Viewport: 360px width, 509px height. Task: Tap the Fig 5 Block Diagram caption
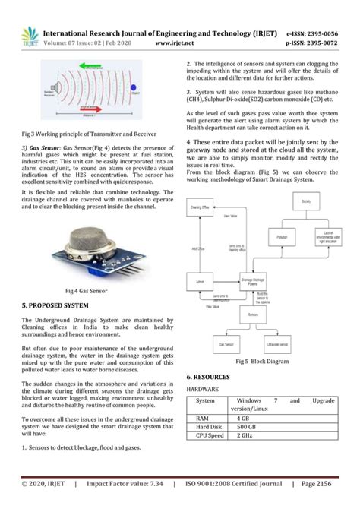tap(262, 362)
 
